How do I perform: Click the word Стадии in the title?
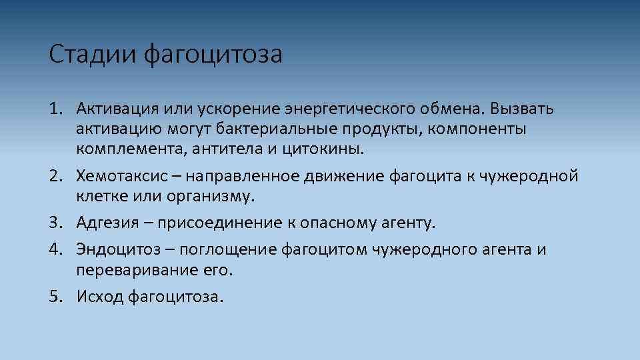[92, 55]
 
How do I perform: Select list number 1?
[55, 109]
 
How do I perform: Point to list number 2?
[55, 177]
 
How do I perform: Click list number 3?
[55, 222]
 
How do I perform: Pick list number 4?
[55, 250]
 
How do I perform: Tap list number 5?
[55, 296]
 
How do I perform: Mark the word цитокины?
[323, 148]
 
